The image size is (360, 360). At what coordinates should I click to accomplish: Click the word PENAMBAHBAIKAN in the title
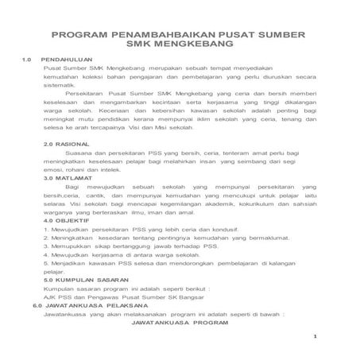(x=156, y=35)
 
